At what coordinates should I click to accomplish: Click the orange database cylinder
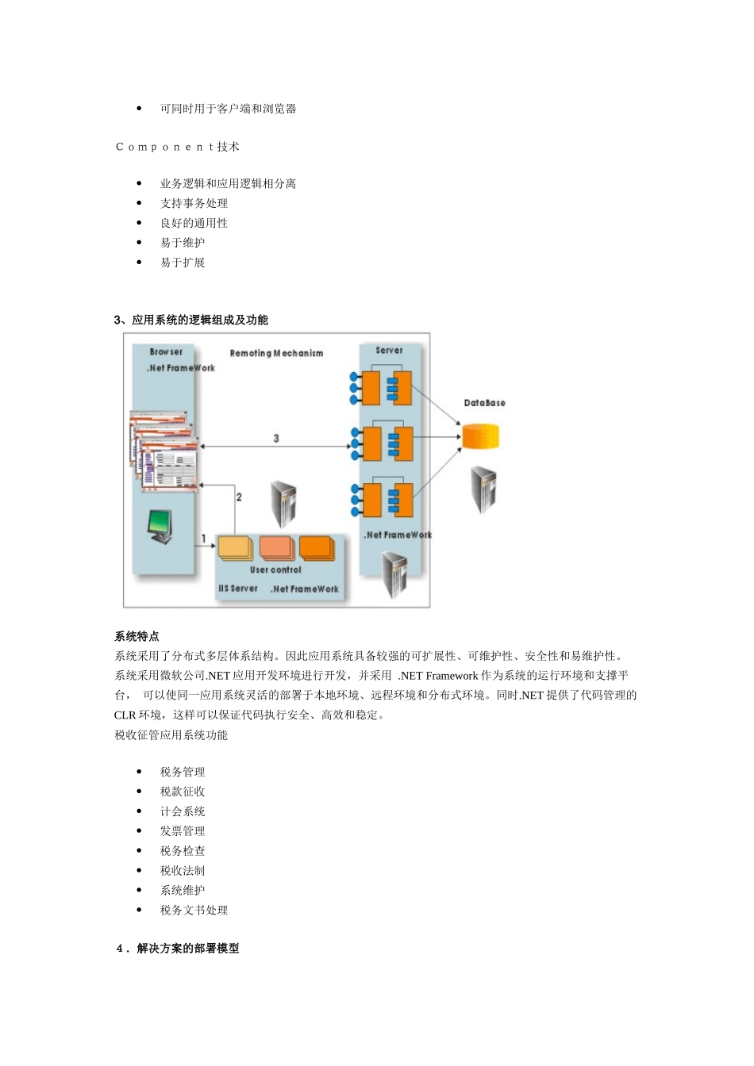click(x=480, y=437)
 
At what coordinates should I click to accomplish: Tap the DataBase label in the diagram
click(x=484, y=403)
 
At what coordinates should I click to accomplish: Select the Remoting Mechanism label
click(x=276, y=353)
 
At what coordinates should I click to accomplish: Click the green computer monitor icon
click(x=160, y=526)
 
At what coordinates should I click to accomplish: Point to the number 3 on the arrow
click(x=276, y=438)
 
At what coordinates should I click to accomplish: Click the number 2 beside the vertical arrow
click(x=239, y=497)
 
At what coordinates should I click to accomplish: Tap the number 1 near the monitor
click(x=204, y=539)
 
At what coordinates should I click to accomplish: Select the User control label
click(x=275, y=569)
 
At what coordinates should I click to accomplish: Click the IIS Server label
click(x=238, y=589)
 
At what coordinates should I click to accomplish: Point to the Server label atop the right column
click(x=389, y=350)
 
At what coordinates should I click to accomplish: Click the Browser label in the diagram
click(x=166, y=351)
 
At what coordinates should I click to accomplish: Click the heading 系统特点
click(x=137, y=636)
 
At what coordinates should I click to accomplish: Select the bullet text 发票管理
click(x=183, y=831)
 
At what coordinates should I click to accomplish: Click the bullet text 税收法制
click(x=183, y=871)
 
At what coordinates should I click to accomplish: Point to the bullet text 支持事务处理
click(x=194, y=203)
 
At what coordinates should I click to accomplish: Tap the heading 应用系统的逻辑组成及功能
click(x=199, y=320)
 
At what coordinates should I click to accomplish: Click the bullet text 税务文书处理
click(x=194, y=911)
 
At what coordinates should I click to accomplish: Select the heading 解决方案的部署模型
click(x=187, y=949)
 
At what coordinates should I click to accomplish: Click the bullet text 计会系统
click(x=183, y=811)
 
